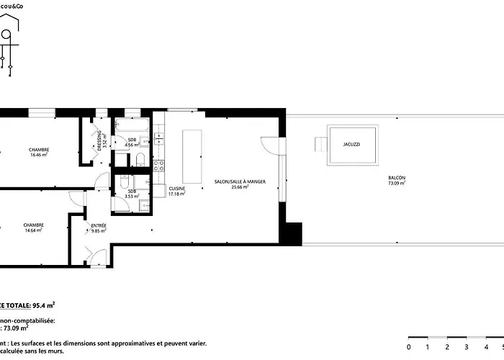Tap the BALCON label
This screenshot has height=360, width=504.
(x=396, y=178)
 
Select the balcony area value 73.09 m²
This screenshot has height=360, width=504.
(x=396, y=184)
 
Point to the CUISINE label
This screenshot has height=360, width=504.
(x=176, y=189)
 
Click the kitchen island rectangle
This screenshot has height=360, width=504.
(x=192, y=156)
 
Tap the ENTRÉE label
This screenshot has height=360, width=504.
(x=99, y=225)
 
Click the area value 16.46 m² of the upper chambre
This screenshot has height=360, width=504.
(x=39, y=155)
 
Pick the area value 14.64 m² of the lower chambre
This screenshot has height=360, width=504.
(x=34, y=230)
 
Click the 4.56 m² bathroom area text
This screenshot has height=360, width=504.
(x=132, y=145)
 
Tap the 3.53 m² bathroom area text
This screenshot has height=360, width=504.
(x=132, y=196)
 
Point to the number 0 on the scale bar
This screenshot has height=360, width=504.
(x=408, y=346)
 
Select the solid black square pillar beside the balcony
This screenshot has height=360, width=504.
(x=292, y=234)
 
